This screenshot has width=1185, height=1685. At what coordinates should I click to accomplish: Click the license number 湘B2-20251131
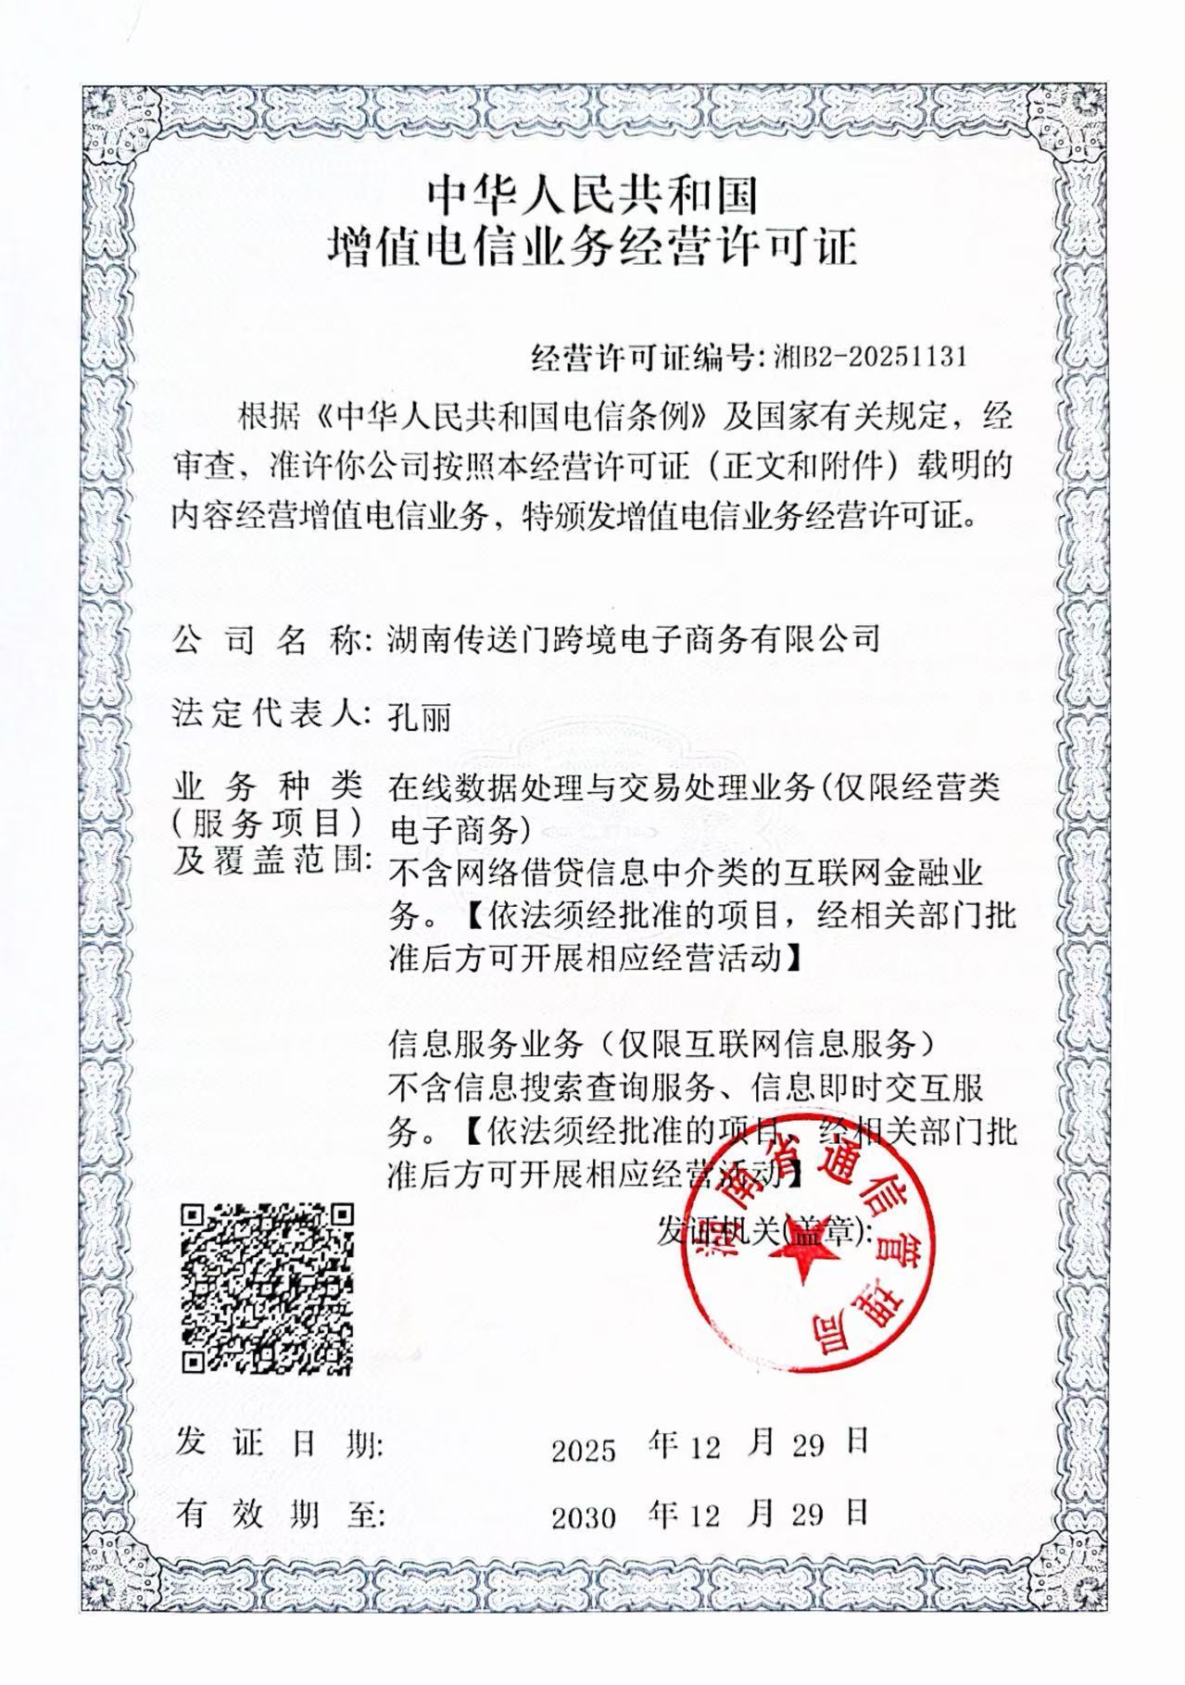[870, 357]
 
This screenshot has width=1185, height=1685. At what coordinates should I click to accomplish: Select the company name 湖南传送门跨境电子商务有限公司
[633, 639]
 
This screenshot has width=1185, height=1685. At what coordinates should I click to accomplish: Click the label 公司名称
[267, 640]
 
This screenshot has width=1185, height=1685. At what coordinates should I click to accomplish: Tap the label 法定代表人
[267, 714]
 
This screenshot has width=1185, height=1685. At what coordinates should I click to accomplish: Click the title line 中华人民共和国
[592, 195]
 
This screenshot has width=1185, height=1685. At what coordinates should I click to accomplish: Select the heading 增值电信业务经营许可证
[592, 248]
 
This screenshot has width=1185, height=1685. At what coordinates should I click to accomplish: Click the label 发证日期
[278, 1445]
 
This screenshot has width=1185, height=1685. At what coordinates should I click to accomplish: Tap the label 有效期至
[278, 1514]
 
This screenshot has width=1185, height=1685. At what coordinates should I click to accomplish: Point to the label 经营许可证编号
[645, 357]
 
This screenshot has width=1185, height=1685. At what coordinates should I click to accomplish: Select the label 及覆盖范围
[271, 862]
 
